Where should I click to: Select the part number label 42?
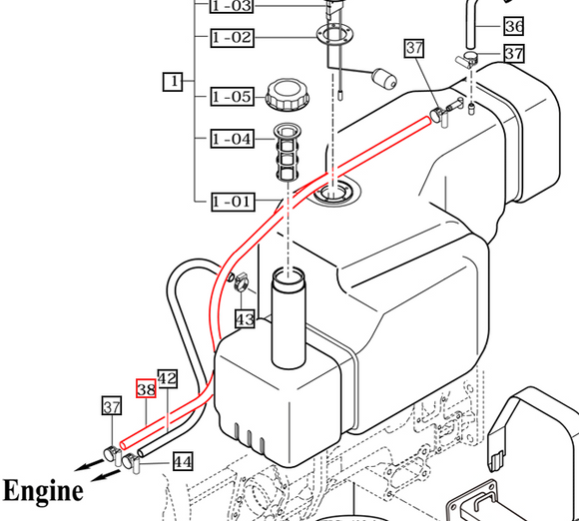point(168,378)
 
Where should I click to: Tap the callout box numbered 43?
point(245,318)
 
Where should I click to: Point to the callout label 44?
point(182,461)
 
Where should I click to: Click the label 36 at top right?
point(513,26)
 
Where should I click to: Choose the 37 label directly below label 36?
point(513,53)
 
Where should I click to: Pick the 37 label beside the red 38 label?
point(113,405)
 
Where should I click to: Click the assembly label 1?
point(173,82)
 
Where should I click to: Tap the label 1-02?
point(231,38)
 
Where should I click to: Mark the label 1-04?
point(231,139)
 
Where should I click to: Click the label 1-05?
point(231,97)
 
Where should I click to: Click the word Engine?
point(42,491)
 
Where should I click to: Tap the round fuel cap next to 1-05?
point(287,96)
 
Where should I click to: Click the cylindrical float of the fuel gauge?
point(385,78)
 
